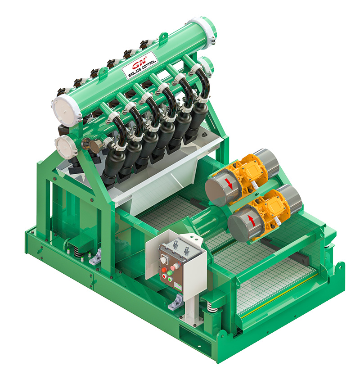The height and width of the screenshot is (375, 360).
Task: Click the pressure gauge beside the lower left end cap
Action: click(x=96, y=145)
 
